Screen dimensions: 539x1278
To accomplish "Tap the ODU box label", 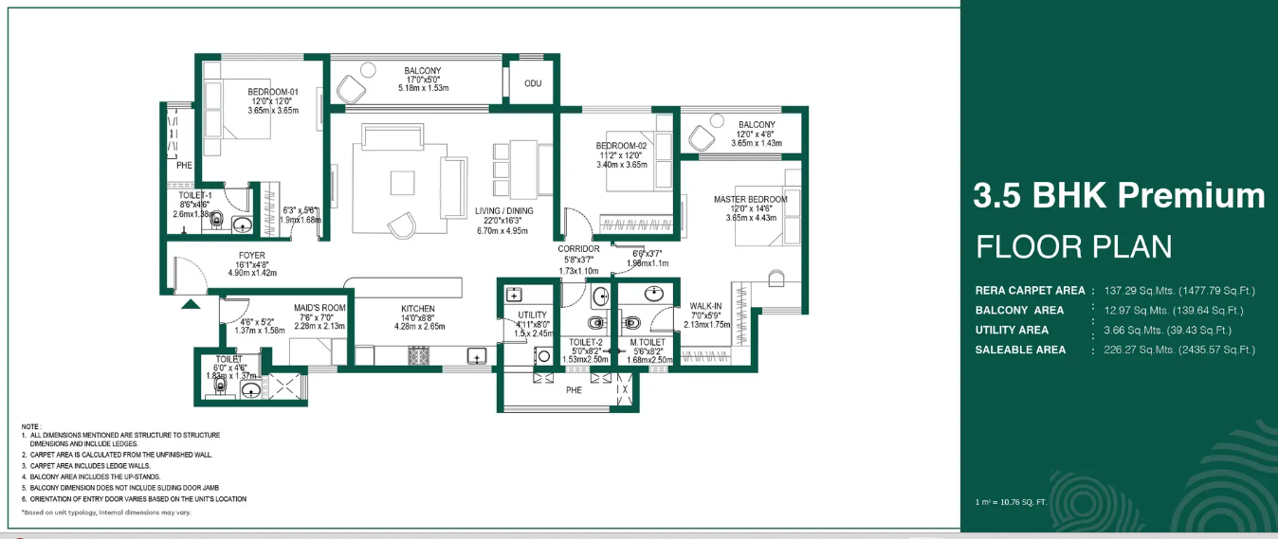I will point(533,83).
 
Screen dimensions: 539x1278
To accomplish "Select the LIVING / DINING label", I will point(503,211).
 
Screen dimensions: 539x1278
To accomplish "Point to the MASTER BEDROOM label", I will point(750,199).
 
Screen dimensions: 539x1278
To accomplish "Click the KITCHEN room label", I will point(417,309).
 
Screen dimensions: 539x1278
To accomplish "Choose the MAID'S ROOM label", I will point(319,308).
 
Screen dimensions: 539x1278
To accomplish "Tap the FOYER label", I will point(251,255).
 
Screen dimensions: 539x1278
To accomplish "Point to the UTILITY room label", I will point(532,314).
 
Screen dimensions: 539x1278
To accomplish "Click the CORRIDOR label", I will point(578,249).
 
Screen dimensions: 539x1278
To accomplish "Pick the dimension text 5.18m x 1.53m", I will point(422,88).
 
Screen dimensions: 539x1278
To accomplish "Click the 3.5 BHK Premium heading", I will point(1119,196).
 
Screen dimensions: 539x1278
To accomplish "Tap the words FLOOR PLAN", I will point(1074,247).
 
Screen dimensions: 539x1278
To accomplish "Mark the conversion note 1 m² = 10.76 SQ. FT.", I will point(1010,501).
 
